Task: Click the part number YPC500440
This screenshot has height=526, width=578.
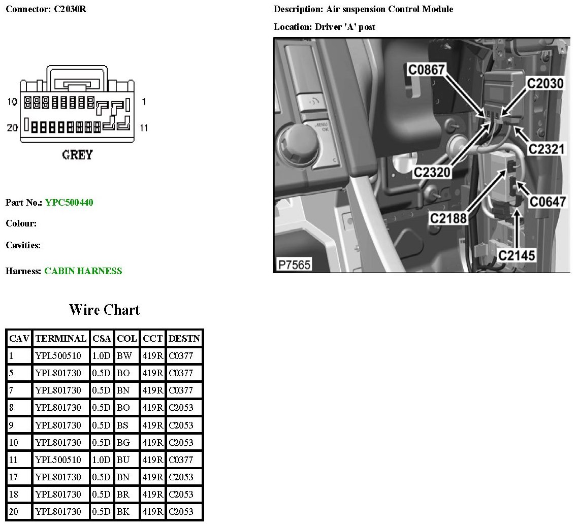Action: click(69, 203)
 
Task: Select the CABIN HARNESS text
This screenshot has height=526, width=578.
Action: click(83, 271)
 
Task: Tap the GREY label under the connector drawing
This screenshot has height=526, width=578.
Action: click(77, 155)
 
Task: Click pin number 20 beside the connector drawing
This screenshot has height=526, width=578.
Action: click(12, 127)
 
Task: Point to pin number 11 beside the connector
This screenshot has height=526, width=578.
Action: click(144, 128)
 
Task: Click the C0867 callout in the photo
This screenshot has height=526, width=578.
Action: click(427, 70)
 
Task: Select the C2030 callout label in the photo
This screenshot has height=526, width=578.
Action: click(545, 83)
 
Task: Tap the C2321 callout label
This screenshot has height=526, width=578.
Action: click(547, 149)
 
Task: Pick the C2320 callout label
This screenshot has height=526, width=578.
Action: click(432, 172)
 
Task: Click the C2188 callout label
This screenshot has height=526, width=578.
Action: click(448, 218)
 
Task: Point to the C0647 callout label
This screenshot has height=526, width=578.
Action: click(548, 202)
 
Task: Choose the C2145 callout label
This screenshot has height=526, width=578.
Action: click(517, 255)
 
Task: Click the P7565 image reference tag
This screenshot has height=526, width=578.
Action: click(294, 265)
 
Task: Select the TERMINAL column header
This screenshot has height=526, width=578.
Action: click(61, 338)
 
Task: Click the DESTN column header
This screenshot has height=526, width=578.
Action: click(184, 338)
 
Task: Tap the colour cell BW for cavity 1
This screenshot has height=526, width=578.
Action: click(124, 356)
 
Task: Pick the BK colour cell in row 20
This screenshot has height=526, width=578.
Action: click(123, 512)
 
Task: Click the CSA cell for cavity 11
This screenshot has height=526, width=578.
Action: click(101, 459)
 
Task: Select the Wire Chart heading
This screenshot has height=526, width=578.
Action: click(104, 310)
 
